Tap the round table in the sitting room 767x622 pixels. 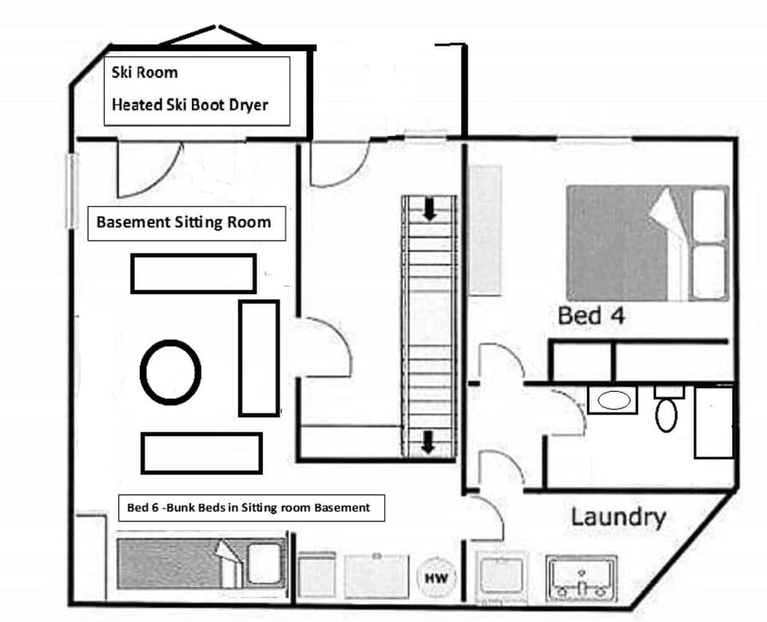[x=170, y=372]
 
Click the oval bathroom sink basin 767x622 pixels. [x=614, y=400]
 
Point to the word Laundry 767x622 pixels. [x=618, y=516]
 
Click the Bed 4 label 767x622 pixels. [x=590, y=316]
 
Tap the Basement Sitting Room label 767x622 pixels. [x=183, y=221]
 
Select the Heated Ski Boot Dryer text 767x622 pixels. [x=189, y=105]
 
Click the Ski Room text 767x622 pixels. [x=145, y=73]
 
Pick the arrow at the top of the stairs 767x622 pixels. [x=430, y=209]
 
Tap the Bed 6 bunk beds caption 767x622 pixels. [x=248, y=507]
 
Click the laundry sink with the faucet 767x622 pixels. [x=581, y=576]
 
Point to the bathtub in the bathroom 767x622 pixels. [x=713, y=422]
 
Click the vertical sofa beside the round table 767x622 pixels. [x=258, y=357]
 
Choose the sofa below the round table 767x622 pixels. [x=201, y=453]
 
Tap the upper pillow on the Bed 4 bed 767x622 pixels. [x=709, y=214]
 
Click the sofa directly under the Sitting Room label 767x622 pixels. [x=193, y=273]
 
